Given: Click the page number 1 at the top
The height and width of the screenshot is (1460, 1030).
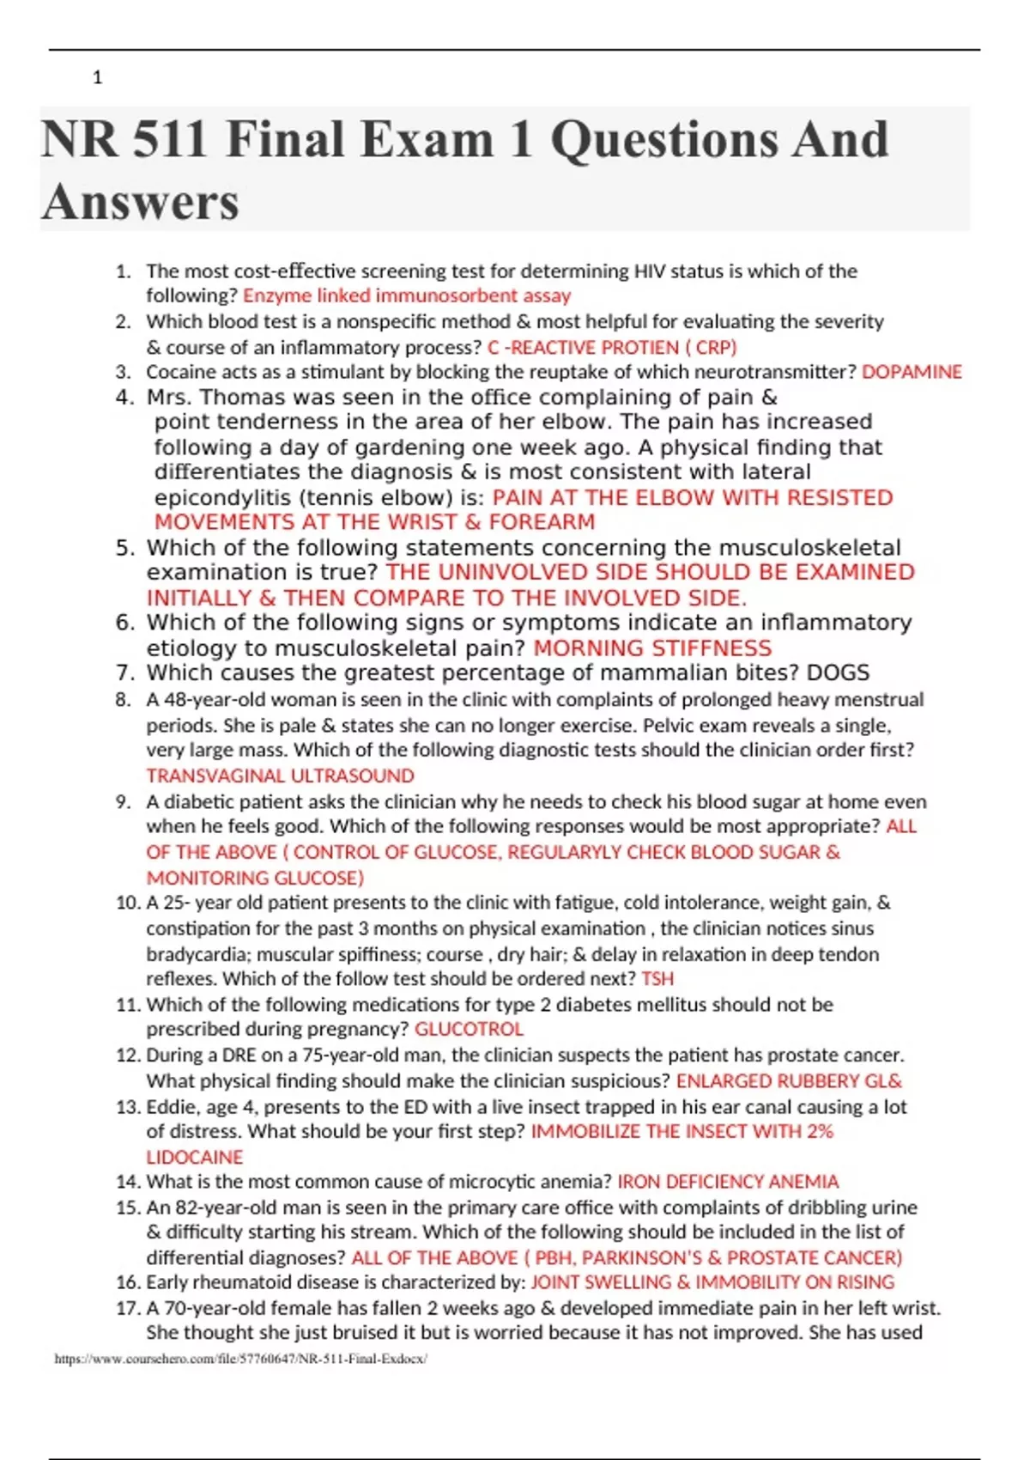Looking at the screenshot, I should pos(97,78).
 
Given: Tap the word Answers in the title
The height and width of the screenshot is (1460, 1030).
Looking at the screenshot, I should pos(140,203).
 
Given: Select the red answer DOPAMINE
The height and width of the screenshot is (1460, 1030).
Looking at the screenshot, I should pos(912,372).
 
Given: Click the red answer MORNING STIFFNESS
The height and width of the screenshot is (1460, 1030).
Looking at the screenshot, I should pos(652,648).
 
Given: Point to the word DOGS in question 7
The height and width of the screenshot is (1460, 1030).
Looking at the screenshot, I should pos(838,673).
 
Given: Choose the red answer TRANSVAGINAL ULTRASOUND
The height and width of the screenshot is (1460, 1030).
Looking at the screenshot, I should pos(280,776).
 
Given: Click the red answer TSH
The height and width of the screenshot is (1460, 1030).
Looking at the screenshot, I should pos(657,979).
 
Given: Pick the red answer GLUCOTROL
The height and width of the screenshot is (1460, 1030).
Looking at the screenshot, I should pos(469,1029).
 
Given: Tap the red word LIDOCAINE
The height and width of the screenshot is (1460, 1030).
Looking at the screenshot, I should pos(195,1157).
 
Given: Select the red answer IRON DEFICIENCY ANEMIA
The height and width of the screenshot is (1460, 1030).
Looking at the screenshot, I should pos(728,1182).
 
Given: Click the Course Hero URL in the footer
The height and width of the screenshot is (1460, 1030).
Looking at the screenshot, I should pos(240,1359).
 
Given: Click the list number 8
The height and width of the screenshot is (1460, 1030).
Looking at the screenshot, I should pos(124,700).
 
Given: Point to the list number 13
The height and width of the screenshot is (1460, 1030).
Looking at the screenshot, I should pos(128,1107).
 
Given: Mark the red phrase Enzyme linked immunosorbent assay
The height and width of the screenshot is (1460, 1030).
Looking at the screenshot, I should pos(407,296).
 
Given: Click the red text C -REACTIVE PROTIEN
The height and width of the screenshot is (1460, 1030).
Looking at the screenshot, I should pos(583,348).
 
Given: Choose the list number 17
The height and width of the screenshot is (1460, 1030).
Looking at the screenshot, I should pos(128,1308).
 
